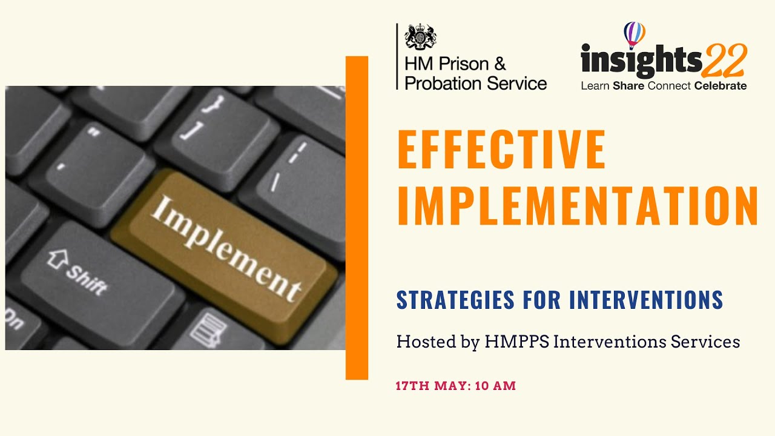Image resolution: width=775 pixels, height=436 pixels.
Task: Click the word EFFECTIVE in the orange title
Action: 501,149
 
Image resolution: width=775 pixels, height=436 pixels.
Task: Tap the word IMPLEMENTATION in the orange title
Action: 578,206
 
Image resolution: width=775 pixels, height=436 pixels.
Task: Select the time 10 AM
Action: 495,386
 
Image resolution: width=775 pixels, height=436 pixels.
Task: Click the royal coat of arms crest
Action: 420,36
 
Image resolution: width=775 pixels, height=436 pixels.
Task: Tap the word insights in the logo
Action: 641,61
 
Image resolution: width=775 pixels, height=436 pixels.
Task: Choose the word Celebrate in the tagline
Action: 721,86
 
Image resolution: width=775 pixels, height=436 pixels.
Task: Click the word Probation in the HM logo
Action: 438,83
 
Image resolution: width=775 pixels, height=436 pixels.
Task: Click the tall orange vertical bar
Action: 357,218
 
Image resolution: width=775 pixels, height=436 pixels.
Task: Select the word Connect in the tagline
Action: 669,86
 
